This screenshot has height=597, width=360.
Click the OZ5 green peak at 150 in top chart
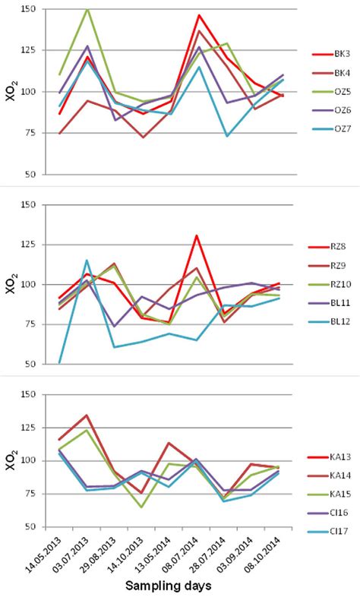tap(88, 9)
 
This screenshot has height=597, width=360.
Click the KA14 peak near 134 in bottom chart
tap(88, 415)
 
